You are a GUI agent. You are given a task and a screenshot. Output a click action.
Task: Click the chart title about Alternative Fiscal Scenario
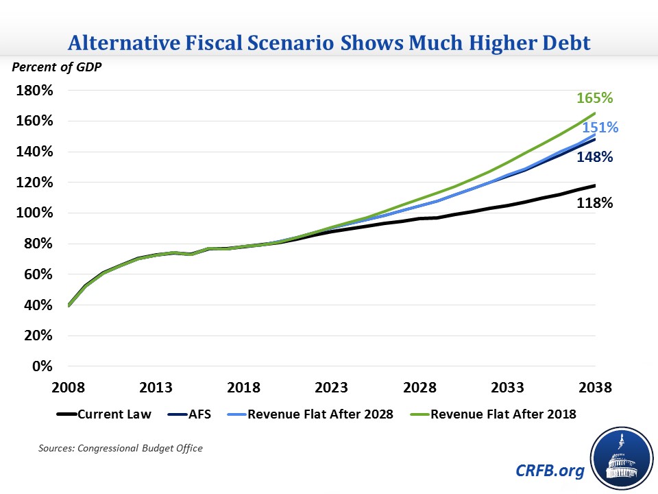pyautogui.click(x=329, y=44)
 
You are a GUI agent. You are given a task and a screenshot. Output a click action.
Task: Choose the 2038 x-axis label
pyautogui.click(x=595, y=388)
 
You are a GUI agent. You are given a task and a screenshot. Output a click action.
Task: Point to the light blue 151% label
pyautogui.click(x=600, y=128)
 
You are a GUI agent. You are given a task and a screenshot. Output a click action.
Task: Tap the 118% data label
pyautogui.click(x=594, y=203)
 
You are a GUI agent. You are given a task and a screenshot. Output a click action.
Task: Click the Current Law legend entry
pyautogui.click(x=106, y=414)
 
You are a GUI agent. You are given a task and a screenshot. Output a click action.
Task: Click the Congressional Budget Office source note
pyautogui.click(x=120, y=448)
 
